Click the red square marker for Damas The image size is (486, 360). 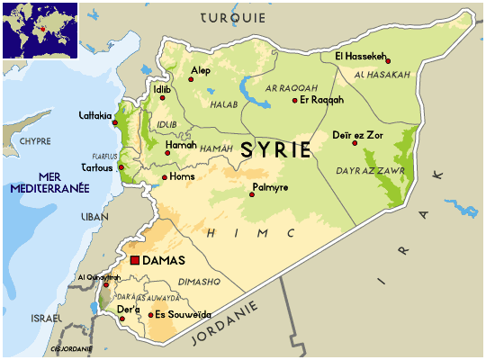pyautogui.click(x=135, y=260)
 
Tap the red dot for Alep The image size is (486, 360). pyautogui.click(x=191, y=80)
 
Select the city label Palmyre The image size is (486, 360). pyautogui.click(x=269, y=187)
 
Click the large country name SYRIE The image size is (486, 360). pyautogui.click(x=276, y=151)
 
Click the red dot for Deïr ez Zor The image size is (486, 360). pyautogui.click(x=355, y=143)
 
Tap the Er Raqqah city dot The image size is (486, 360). pyautogui.click(x=294, y=100)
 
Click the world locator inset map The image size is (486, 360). pyautogui.click(x=40, y=31)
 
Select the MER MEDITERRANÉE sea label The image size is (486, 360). pyautogui.click(x=49, y=183)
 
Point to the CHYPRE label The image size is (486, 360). pyautogui.click(x=35, y=141)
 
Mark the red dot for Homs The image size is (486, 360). pyautogui.click(x=165, y=177)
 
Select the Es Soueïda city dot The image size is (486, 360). pyautogui.click(x=150, y=315)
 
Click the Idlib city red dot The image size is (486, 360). pyautogui.click(x=163, y=97)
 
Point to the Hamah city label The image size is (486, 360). pyautogui.click(x=180, y=143)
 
